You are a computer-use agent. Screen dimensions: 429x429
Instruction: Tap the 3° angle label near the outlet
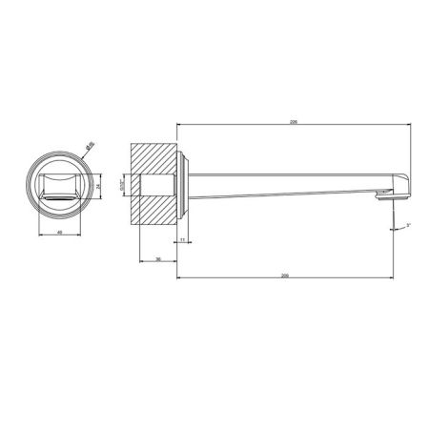(x=407, y=224)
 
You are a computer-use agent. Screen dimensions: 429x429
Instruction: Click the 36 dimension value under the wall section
(x=157, y=257)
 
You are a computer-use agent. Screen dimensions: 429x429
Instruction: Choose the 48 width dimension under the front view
(x=60, y=232)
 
